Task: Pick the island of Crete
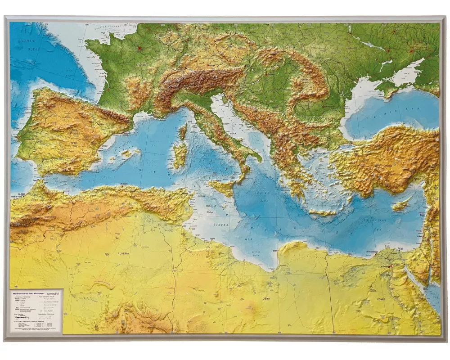[x=322, y=212]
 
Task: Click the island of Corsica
[x=183, y=132]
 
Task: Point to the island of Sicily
[x=223, y=186]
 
